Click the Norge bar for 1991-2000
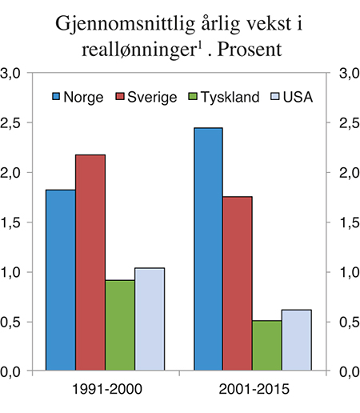pos(61,280)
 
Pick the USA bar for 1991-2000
pos(150,319)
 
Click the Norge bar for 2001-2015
pos(208,249)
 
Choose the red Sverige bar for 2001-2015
pos(238,283)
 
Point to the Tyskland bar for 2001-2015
pos(267,346)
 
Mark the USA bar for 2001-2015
pos(297,340)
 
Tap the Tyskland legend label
pos(230,98)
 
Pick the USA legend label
pos(297,98)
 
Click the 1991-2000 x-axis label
pos(105,391)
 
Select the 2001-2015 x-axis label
pos(252,391)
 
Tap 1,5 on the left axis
pos(14,223)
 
